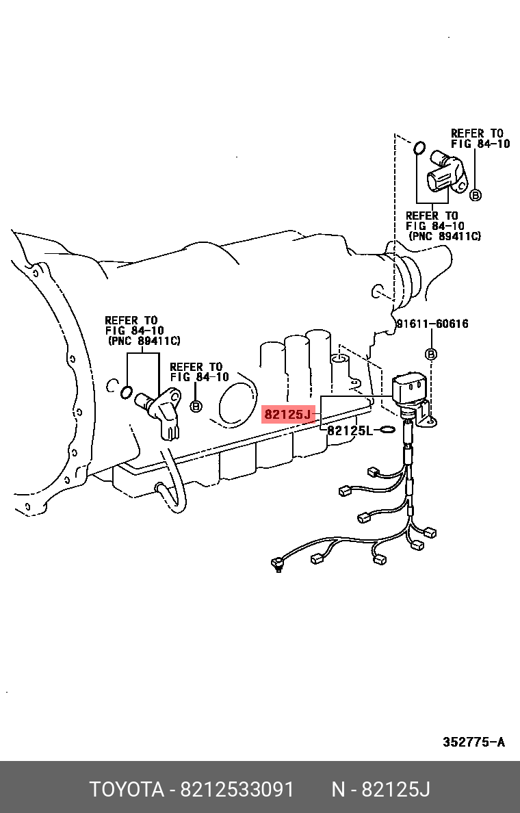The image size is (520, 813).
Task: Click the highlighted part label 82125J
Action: click(x=287, y=414)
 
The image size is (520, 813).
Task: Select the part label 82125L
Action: click(x=350, y=430)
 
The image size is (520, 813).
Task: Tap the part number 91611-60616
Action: click(x=432, y=324)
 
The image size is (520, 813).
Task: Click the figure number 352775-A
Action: click(x=473, y=742)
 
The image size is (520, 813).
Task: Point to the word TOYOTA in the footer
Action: click(x=127, y=789)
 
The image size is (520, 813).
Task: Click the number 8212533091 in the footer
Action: click(x=237, y=789)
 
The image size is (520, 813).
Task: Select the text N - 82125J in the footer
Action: click(x=380, y=789)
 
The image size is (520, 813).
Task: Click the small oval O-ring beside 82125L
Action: click(x=386, y=430)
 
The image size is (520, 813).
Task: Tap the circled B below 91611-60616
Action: click(x=431, y=354)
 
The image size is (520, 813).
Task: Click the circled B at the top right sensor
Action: click(x=476, y=195)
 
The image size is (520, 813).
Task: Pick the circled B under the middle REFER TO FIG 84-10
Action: click(x=196, y=406)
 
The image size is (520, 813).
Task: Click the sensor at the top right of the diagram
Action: click(x=445, y=175)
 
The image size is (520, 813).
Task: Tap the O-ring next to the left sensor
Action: click(x=126, y=392)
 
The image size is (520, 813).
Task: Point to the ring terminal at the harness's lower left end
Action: click(x=277, y=565)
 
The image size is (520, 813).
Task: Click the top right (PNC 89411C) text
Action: click(x=445, y=236)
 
